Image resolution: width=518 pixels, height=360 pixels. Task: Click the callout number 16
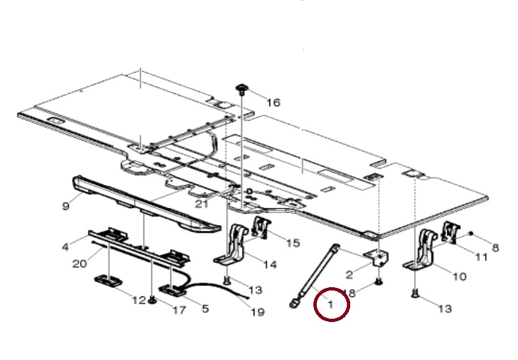click(273, 103)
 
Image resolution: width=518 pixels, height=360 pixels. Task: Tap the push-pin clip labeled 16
click(241, 89)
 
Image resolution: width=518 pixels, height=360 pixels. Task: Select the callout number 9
click(66, 206)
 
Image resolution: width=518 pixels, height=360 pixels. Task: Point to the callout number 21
click(202, 204)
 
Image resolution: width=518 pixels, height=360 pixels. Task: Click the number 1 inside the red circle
click(330, 304)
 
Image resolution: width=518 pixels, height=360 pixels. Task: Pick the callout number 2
click(349, 274)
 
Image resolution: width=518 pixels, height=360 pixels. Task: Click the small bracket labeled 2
click(376, 258)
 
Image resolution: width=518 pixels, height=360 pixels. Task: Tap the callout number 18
click(350, 292)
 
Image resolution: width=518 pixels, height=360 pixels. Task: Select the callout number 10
click(459, 276)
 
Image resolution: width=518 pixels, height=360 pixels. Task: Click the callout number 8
click(495, 247)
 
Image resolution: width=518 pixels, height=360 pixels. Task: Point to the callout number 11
click(481, 256)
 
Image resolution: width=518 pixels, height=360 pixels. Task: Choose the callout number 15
click(292, 243)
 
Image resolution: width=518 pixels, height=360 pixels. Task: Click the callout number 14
click(270, 264)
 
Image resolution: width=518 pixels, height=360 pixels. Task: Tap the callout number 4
click(66, 247)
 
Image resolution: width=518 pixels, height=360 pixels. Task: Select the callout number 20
click(79, 264)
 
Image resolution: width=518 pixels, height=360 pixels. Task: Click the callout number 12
click(139, 300)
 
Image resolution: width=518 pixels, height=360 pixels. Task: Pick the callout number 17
click(179, 310)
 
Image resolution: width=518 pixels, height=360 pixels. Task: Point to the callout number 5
click(205, 309)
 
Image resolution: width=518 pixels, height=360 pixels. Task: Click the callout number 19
click(258, 311)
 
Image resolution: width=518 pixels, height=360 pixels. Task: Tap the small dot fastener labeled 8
click(471, 234)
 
